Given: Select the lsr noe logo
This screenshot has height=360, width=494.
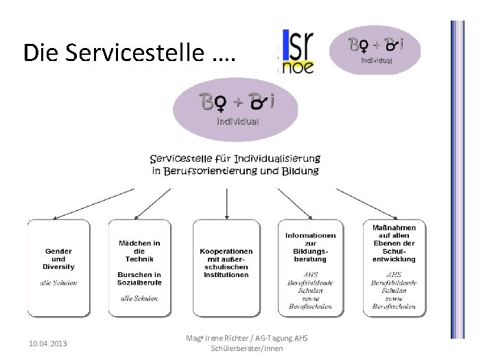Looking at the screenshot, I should tap(297, 51).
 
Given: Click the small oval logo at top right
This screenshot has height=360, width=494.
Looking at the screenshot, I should tap(384, 49).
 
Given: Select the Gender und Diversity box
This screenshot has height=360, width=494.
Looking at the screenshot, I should tap(58, 267).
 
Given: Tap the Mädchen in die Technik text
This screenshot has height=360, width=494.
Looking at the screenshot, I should tap(140, 251).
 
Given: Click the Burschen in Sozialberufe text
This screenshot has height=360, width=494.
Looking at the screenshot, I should tap(140, 278).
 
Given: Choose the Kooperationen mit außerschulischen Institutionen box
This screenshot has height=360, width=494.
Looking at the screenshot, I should tap(226, 267).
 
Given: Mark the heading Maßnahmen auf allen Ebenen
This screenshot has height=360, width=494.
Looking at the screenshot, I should tap(394, 243).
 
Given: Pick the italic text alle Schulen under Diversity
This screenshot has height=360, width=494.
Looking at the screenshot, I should tap(58, 283).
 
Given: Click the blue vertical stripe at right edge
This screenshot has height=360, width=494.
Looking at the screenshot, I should tap(457, 178).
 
